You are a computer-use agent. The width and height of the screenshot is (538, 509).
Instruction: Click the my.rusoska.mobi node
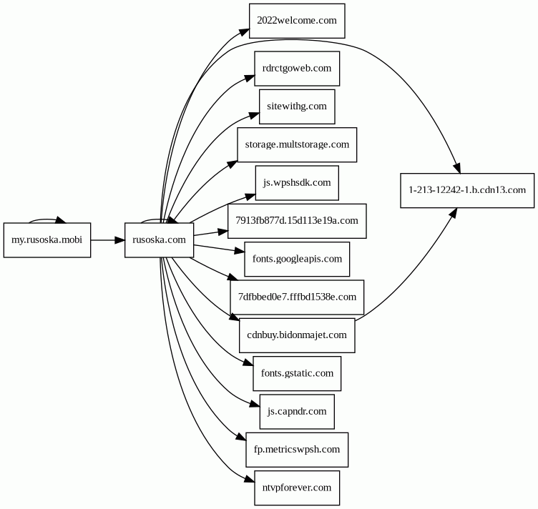click(x=47, y=240)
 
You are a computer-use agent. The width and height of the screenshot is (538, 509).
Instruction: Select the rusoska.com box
click(x=160, y=240)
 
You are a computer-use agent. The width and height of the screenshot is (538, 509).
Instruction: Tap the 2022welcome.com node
click(x=297, y=21)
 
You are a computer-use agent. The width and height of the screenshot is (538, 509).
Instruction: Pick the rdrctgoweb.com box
click(x=297, y=69)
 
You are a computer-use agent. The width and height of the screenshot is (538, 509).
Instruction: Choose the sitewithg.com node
click(x=297, y=107)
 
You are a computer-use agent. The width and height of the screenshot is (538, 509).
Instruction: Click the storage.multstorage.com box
click(x=297, y=144)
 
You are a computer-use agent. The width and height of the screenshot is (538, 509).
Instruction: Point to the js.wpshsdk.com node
click(x=297, y=183)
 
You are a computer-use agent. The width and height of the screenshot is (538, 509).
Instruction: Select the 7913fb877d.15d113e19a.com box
click(x=297, y=221)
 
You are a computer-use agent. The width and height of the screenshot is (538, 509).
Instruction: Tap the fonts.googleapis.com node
click(x=297, y=259)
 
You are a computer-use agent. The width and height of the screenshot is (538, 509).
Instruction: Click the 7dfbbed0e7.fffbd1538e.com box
click(x=297, y=297)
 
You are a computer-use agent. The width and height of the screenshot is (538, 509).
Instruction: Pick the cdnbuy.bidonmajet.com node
click(x=297, y=335)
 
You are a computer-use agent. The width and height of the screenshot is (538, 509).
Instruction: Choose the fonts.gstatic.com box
click(x=297, y=373)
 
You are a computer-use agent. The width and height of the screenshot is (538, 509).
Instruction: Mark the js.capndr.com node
click(x=297, y=411)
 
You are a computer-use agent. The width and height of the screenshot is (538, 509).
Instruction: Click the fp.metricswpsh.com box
click(x=297, y=450)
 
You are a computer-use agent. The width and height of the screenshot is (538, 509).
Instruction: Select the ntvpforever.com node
click(x=297, y=488)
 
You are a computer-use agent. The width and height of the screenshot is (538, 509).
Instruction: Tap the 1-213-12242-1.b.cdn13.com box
click(x=467, y=191)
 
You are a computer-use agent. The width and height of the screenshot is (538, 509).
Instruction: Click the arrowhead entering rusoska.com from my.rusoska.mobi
click(x=120, y=240)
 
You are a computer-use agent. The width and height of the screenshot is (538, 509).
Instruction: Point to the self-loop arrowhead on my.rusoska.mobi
click(x=61, y=220)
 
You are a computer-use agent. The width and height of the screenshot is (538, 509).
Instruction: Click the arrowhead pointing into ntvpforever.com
click(x=250, y=479)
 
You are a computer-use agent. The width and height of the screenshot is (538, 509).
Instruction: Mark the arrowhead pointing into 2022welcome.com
click(x=244, y=32)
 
